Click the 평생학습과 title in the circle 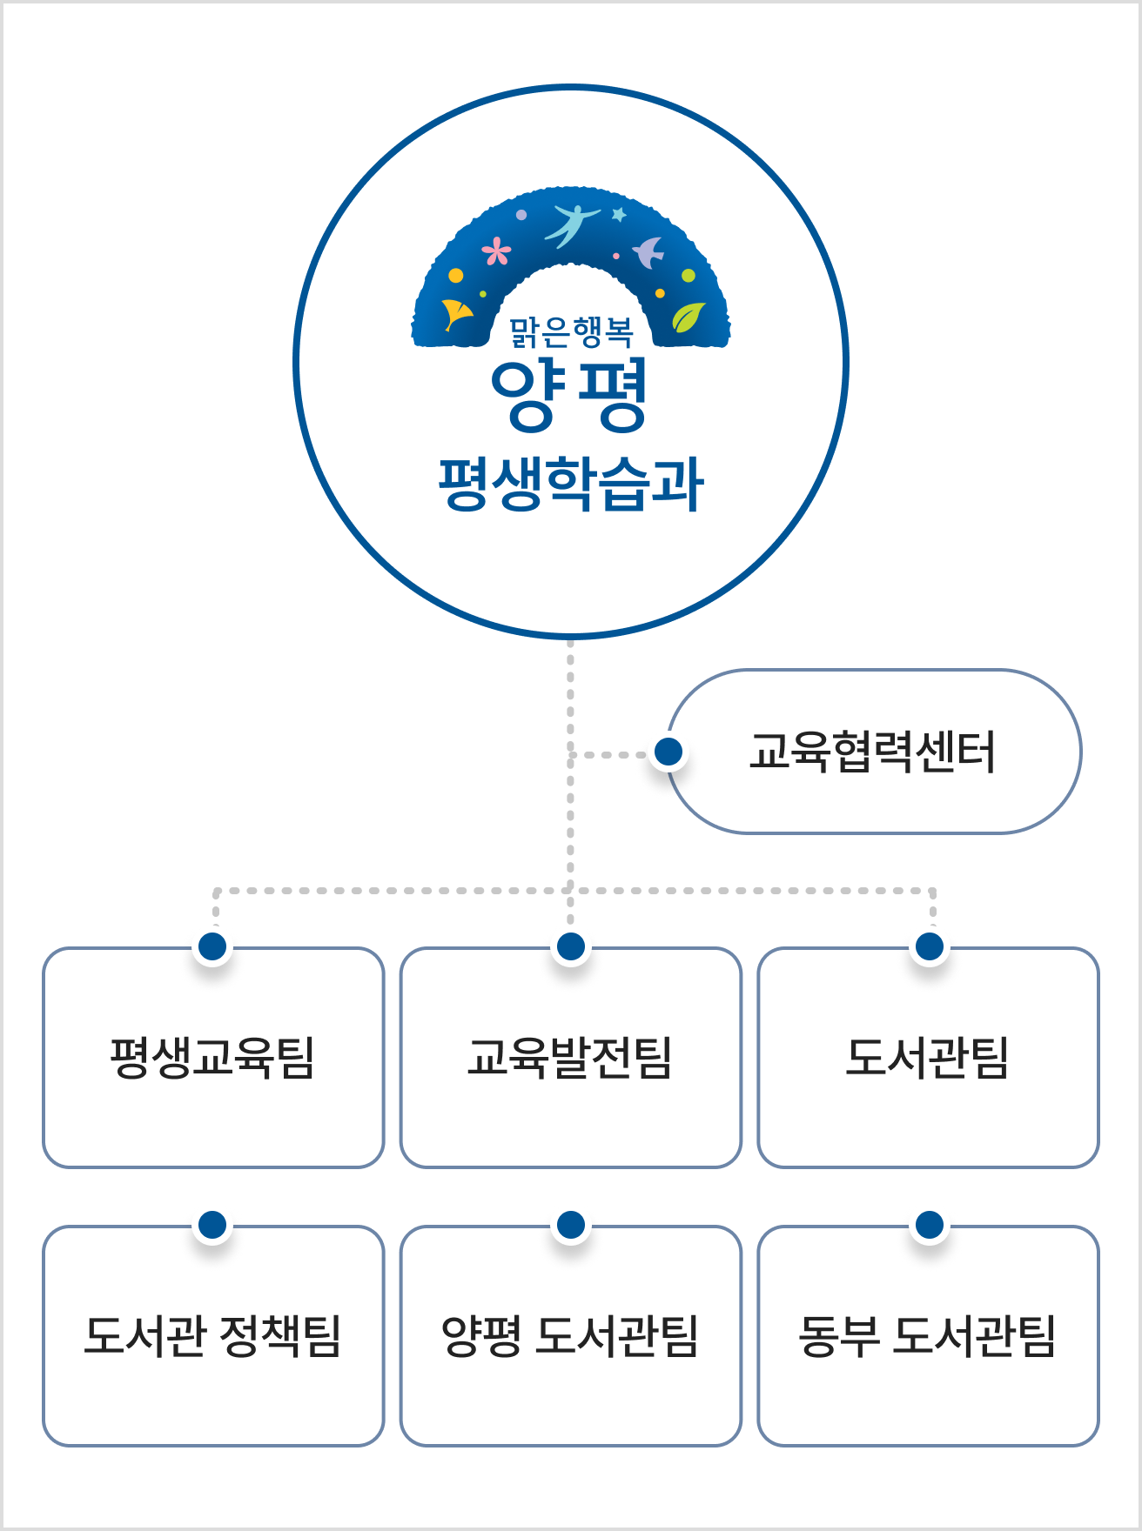tap(571, 484)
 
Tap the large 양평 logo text tap(569, 395)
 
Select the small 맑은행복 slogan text tap(571, 331)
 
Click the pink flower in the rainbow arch tap(497, 252)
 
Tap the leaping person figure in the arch tap(570, 223)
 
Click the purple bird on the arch tap(648, 252)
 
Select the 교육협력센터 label tap(872, 752)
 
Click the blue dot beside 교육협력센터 tap(668, 752)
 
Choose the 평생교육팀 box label tap(212, 1058)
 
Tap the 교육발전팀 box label tap(570, 1058)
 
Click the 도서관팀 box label tap(928, 1058)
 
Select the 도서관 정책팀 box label tap(212, 1336)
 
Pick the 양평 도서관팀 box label tap(570, 1336)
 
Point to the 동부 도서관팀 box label tap(928, 1336)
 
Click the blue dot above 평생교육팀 tap(212, 946)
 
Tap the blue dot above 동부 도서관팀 tap(930, 1225)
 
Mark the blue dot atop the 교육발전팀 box tap(571, 946)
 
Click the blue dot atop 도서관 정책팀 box tap(212, 1225)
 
